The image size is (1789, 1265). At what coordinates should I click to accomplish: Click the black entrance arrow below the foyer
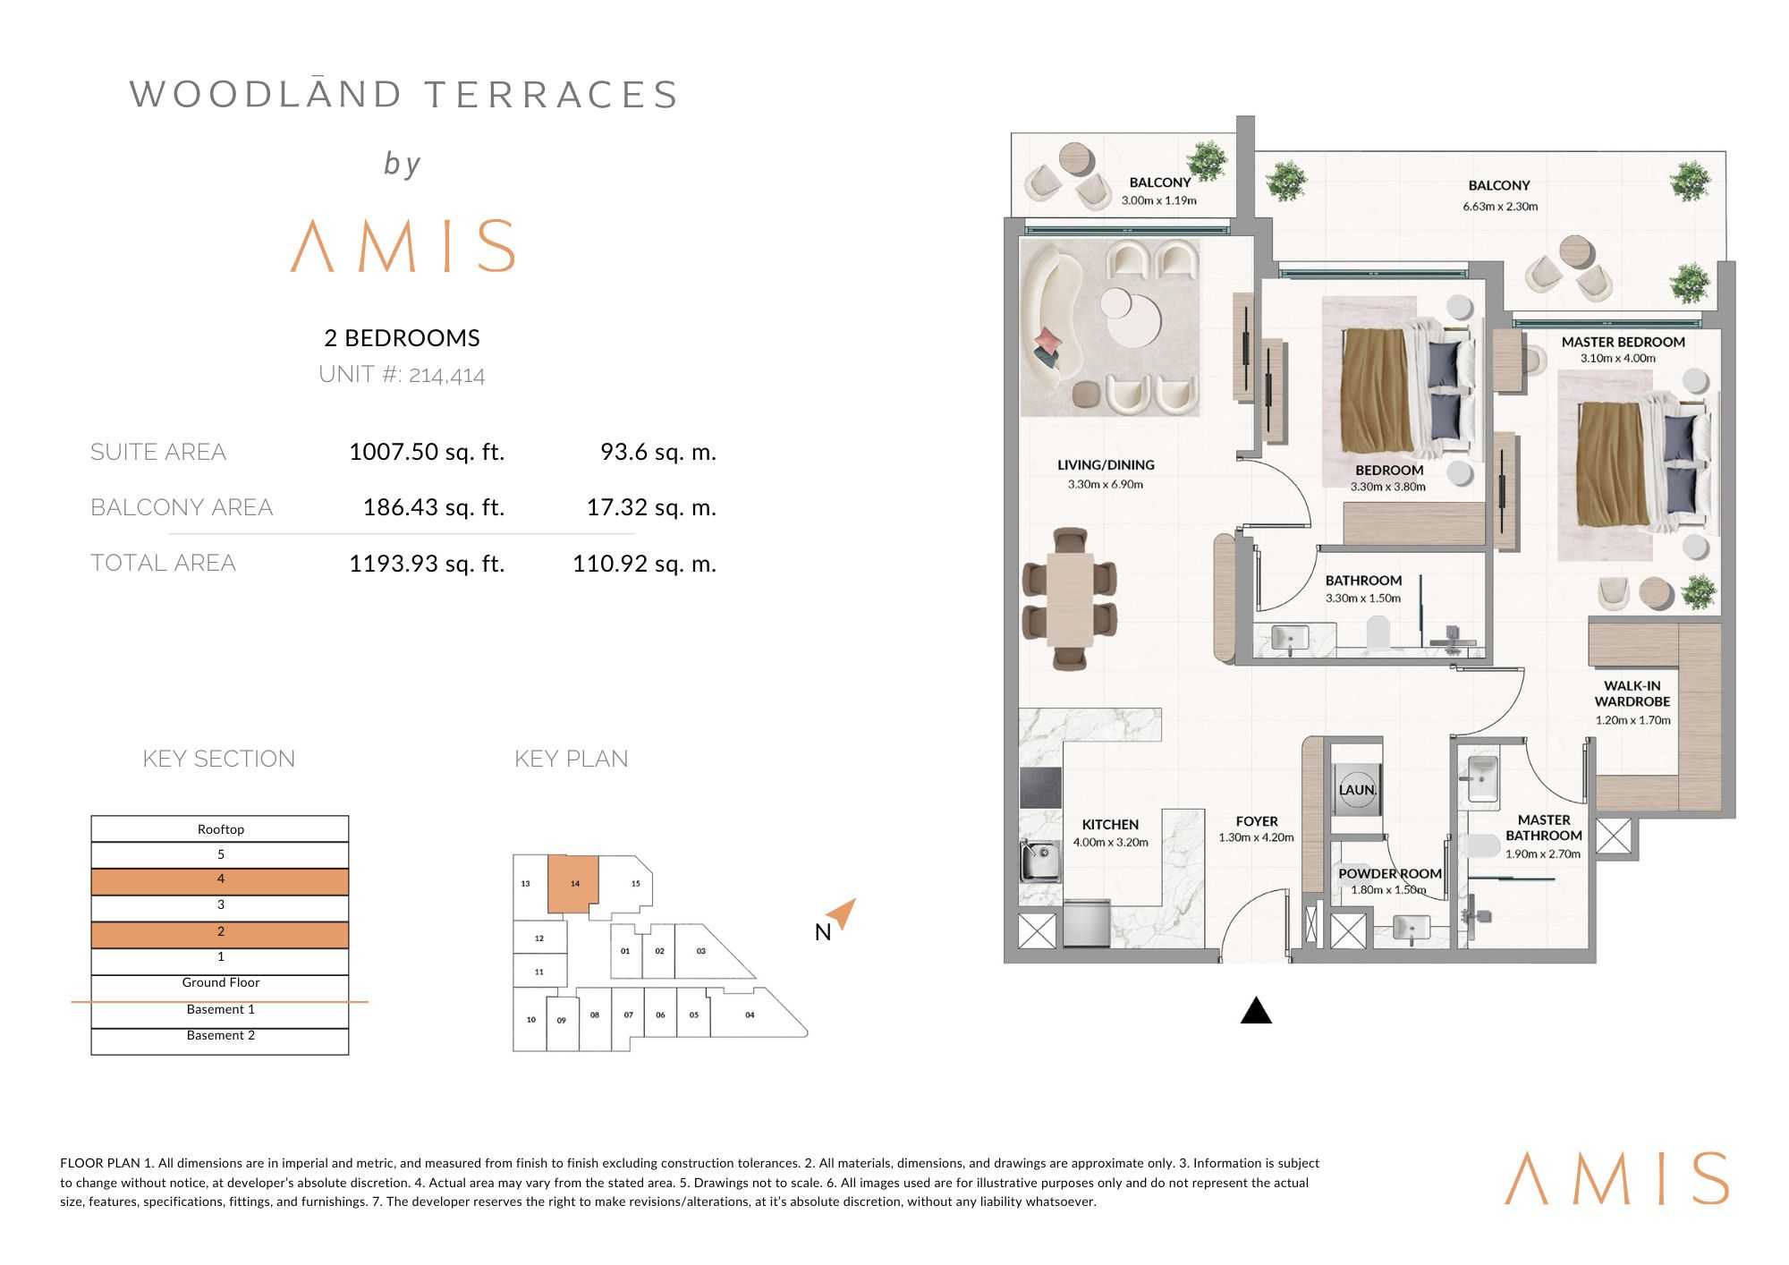click(1256, 1010)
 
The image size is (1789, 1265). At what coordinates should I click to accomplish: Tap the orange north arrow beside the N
click(843, 913)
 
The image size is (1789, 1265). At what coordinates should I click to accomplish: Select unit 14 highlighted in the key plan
click(572, 884)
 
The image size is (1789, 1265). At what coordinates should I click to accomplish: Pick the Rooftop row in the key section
click(220, 829)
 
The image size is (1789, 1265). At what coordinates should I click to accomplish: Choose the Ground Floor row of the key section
click(220, 982)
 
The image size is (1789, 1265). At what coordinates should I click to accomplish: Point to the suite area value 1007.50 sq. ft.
click(427, 452)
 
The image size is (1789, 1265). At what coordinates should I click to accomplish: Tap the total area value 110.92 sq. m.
click(644, 564)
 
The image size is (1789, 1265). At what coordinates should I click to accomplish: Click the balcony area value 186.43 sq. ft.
click(434, 507)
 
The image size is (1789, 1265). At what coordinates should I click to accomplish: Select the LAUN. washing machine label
click(1357, 790)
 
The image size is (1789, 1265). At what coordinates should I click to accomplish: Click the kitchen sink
click(1039, 861)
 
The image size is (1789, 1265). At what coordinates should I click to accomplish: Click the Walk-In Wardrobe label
click(1632, 693)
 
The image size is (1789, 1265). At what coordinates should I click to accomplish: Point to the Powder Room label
click(1390, 873)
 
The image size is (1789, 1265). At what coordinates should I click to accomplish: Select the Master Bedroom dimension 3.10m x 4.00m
click(1617, 358)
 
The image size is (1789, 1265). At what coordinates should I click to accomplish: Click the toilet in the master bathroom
click(1481, 845)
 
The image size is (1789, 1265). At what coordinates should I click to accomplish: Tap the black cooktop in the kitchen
click(1041, 787)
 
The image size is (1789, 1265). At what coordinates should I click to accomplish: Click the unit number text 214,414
click(446, 375)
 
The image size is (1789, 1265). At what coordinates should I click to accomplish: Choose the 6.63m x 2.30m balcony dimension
click(1500, 207)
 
